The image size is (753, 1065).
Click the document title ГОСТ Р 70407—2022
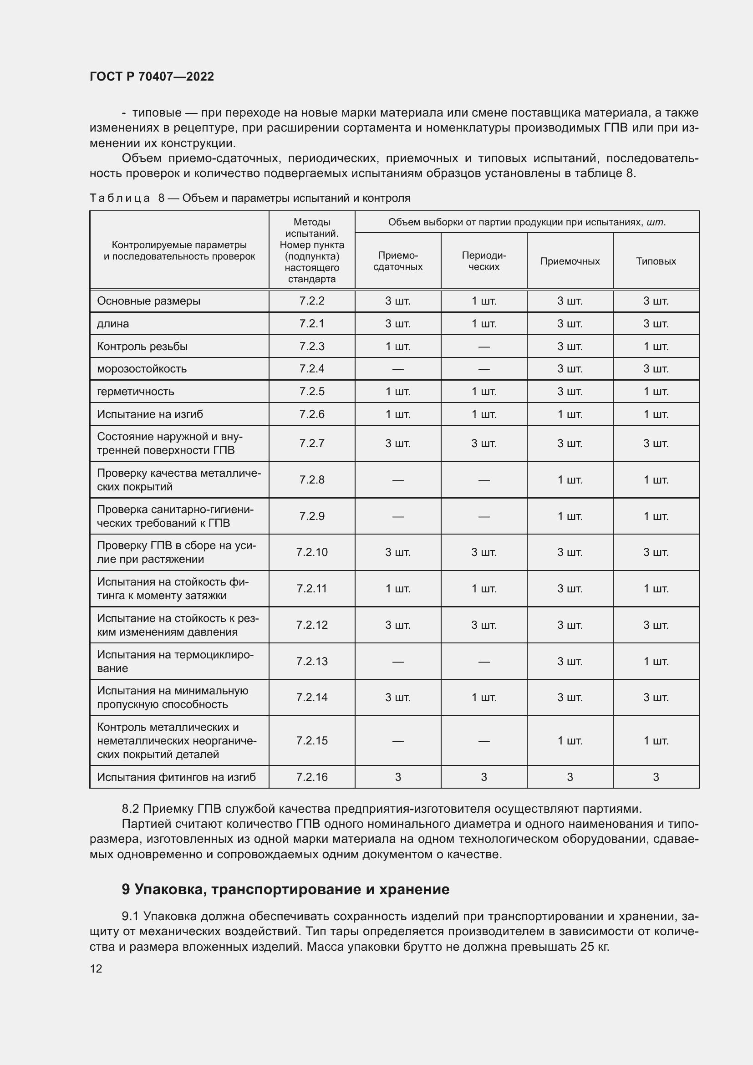(152, 76)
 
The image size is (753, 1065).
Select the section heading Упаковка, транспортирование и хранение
(285, 889)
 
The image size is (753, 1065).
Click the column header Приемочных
(570, 261)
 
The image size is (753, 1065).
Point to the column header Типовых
(656, 261)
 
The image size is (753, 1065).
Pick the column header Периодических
(483, 261)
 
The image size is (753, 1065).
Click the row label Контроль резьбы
(142, 347)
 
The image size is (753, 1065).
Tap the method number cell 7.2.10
(311, 552)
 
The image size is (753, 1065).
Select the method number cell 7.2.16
(311, 777)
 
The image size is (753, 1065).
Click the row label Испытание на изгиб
(150, 414)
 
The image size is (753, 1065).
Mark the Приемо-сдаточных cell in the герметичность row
(398, 392)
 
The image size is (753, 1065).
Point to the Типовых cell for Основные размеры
(656, 301)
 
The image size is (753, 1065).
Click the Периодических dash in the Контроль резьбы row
(483, 347)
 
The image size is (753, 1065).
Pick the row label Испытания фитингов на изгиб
(176, 777)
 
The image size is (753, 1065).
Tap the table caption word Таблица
(120, 198)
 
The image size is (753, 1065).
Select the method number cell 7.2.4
(311, 369)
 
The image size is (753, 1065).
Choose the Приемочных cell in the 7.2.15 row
(570, 741)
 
